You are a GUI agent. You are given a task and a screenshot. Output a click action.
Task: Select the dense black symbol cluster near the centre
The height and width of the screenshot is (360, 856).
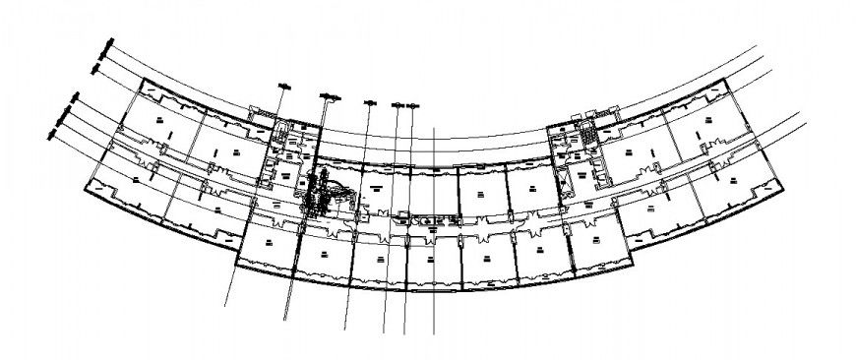click(320, 191)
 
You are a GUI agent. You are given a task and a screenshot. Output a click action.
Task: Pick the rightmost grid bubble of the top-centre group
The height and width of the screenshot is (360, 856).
click(413, 103)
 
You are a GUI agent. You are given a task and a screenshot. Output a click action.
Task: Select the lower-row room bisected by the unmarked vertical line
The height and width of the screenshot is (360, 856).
click(434, 260)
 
